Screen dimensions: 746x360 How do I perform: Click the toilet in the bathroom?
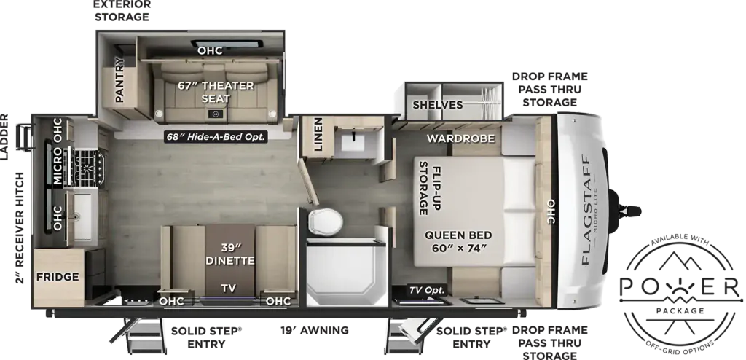326,222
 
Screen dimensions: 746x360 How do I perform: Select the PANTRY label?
119,79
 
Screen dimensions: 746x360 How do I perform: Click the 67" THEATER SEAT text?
216,92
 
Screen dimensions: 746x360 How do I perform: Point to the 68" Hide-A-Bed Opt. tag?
216,137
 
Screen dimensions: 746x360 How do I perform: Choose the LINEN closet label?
318,135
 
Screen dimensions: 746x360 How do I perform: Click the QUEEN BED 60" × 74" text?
458,241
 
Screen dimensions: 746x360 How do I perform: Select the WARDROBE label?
460,138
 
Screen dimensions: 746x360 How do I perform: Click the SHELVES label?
438,105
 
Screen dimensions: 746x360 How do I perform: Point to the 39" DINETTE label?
231,254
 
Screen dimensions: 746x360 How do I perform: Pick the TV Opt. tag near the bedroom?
427,289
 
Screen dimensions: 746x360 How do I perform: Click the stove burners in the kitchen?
88,167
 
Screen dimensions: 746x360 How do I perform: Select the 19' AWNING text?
314,330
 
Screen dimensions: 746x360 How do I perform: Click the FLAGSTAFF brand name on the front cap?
586,210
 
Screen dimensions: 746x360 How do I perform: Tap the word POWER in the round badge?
680,286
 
